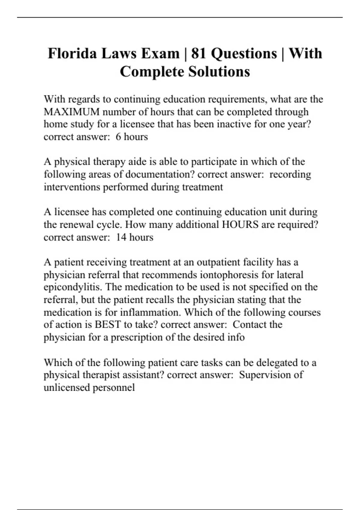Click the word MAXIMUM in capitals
point(72,112)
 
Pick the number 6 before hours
point(118,137)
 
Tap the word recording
point(290,174)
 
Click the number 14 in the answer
point(121,237)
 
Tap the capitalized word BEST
point(108,325)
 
